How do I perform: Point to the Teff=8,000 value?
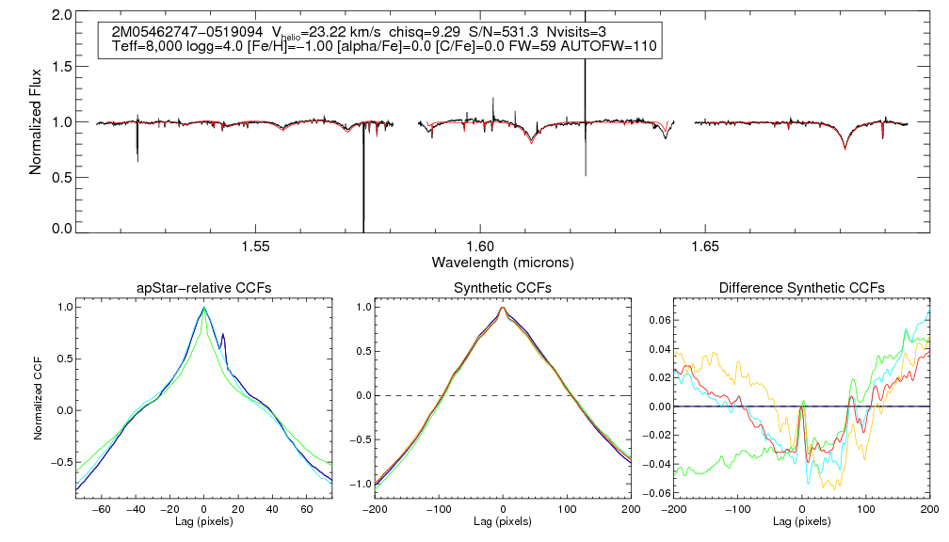(x=146, y=46)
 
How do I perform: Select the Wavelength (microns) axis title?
(x=503, y=262)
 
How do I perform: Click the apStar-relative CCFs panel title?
(x=203, y=288)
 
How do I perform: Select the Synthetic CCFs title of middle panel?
(x=503, y=288)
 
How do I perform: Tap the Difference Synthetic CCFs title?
(x=801, y=288)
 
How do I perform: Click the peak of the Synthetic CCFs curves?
(x=503, y=308)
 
